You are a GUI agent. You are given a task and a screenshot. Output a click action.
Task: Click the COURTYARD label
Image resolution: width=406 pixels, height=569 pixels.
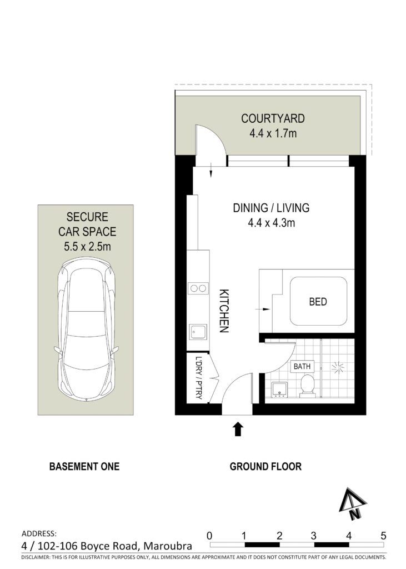[273, 119]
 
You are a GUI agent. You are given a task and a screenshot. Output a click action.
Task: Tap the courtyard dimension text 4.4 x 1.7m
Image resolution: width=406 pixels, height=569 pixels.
[273, 133]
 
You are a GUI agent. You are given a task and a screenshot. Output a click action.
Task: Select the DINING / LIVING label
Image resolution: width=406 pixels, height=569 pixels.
[271, 208]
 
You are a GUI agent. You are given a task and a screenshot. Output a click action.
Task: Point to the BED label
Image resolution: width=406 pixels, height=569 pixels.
[318, 302]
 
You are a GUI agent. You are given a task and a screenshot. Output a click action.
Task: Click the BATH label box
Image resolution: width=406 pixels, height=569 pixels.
[302, 367]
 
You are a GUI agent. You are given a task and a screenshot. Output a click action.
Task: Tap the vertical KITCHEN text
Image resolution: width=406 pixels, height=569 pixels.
[224, 311]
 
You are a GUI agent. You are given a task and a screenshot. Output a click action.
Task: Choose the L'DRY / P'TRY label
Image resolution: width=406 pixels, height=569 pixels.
[198, 378]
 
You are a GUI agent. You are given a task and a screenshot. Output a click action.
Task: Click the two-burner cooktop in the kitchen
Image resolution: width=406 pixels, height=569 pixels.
[198, 288]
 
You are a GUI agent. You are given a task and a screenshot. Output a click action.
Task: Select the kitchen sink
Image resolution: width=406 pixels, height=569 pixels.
[198, 332]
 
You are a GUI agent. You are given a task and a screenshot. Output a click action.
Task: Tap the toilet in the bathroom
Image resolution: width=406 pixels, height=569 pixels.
[308, 386]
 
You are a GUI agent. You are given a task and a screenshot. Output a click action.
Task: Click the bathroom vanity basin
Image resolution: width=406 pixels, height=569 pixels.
[279, 390]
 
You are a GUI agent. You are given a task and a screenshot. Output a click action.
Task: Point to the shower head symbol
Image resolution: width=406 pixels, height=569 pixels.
[338, 368]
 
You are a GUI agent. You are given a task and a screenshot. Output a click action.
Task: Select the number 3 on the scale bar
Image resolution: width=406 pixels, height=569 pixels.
[313, 535]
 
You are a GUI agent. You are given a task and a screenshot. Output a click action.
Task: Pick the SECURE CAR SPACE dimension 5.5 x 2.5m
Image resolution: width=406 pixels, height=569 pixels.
[87, 247]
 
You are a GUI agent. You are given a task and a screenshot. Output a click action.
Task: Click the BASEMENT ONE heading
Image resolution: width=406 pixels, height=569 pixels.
[84, 466]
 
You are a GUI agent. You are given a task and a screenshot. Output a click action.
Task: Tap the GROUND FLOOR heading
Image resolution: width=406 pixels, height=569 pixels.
[265, 466]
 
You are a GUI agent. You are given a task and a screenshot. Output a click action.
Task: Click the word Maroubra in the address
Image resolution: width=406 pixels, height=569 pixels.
[168, 546]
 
